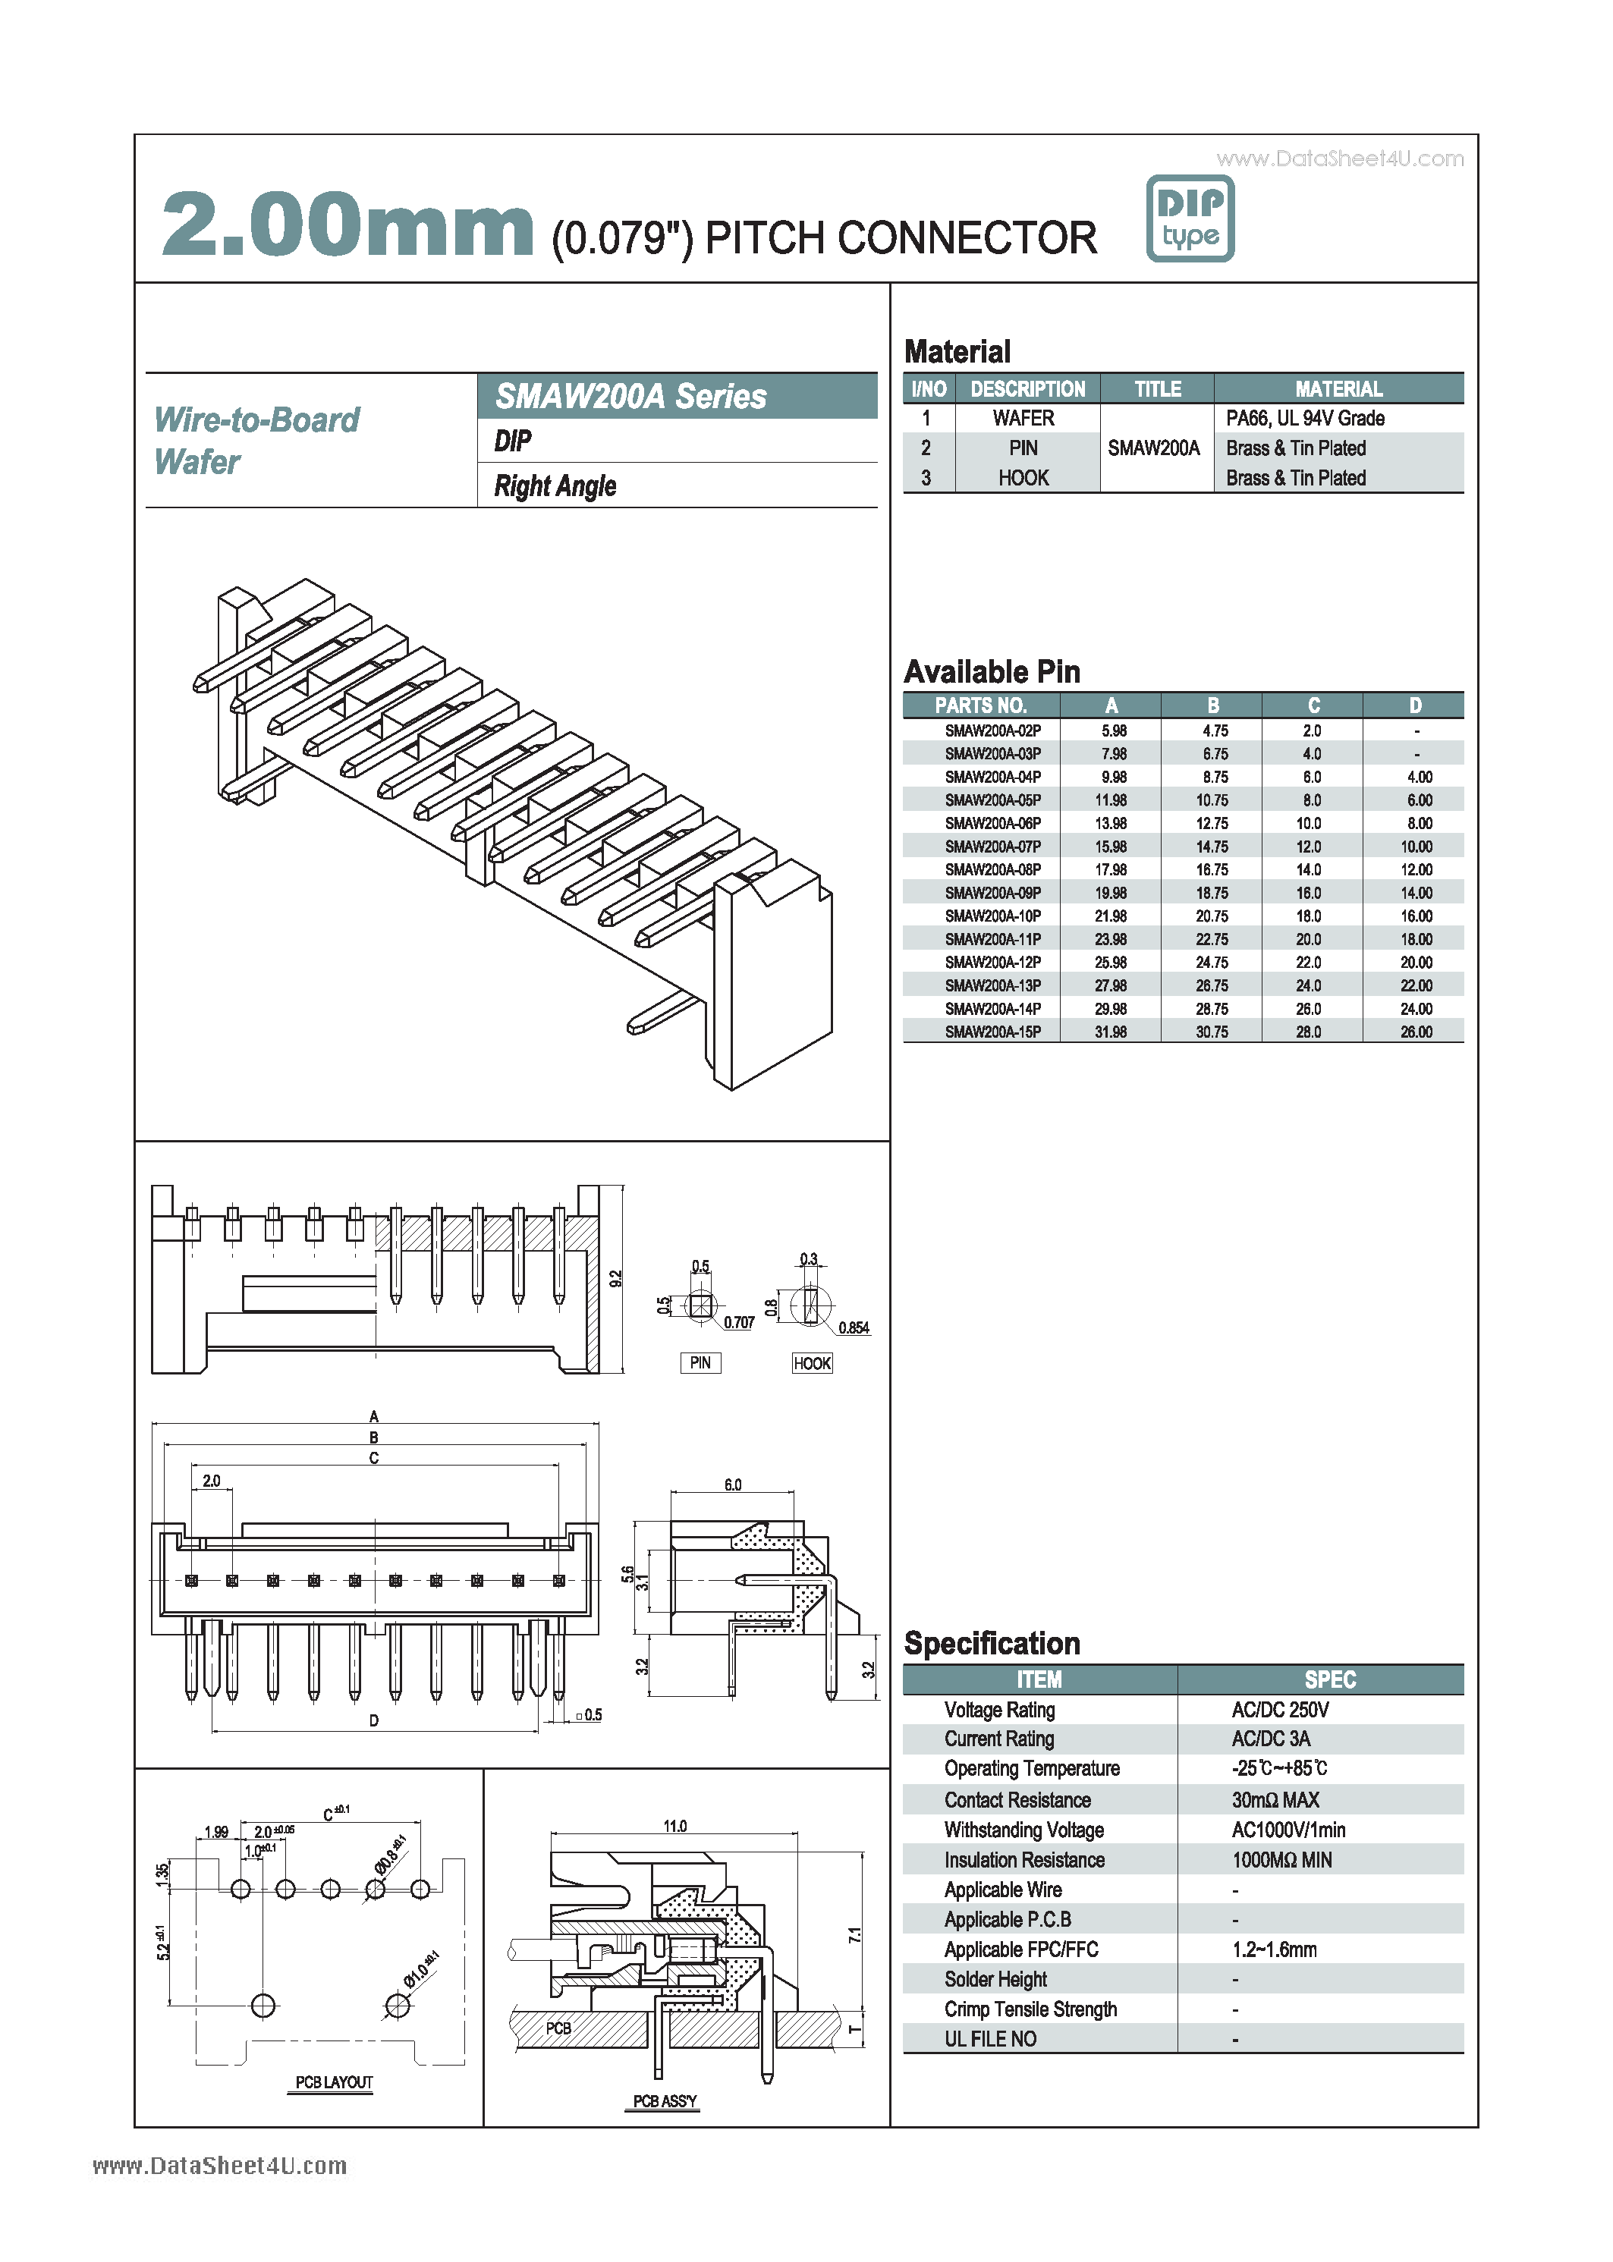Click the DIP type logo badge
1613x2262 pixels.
click(x=1189, y=218)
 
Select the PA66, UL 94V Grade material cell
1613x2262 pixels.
click(x=1304, y=418)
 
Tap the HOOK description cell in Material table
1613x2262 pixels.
click(x=1023, y=479)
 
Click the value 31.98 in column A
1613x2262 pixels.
click(x=1111, y=1032)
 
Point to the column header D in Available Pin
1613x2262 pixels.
click(x=1414, y=705)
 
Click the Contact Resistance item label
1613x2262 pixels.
click(x=1017, y=1800)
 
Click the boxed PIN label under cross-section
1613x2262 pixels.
click(x=700, y=1362)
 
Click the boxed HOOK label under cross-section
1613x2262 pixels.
click(x=812, y=1363)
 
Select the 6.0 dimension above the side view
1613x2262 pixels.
click(x=732, y=1485)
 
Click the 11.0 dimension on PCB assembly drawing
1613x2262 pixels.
click(x=674, y=1826)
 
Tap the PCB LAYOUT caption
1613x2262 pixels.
click(x=334, y=2082)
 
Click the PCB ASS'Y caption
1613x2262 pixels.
click(x=665, y=2101)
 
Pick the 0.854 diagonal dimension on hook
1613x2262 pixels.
click(x=854, y=1327)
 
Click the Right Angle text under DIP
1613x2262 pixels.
click(x=555, y=485)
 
